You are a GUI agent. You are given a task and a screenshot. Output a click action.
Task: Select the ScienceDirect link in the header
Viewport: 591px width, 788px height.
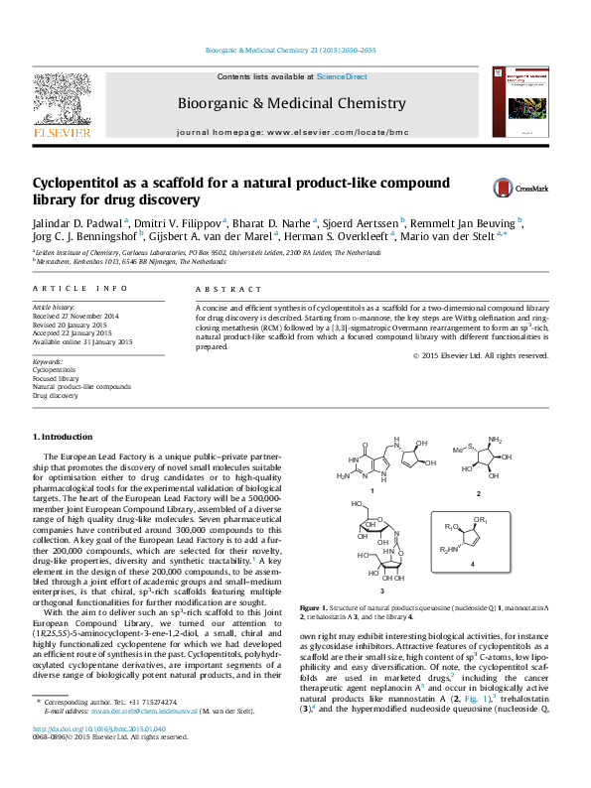[x=342, y=76]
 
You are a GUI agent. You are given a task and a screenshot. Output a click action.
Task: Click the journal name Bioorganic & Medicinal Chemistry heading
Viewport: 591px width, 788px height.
[x=291, y=103]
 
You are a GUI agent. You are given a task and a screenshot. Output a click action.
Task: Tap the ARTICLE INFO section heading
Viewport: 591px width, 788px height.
[x=80, y=288]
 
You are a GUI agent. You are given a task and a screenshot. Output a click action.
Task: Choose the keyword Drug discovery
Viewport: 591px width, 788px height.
[x=56, y=395]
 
